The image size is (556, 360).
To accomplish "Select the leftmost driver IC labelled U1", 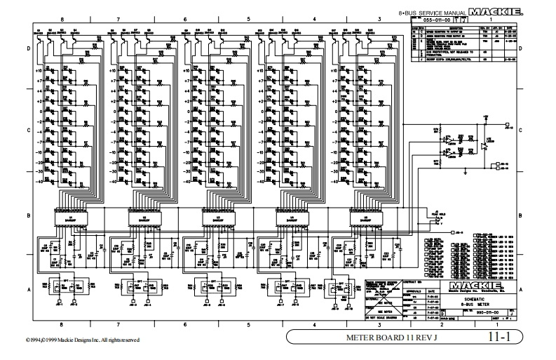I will pos(67,220).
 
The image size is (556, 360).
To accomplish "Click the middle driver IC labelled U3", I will pos(215,220).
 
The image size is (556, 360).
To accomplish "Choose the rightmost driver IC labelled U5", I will pos(362,220).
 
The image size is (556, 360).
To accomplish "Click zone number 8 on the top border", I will pos(62,20).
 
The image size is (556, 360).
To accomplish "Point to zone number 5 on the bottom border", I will pos(249,324).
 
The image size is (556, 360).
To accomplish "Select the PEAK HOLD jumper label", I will pos(440,214).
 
